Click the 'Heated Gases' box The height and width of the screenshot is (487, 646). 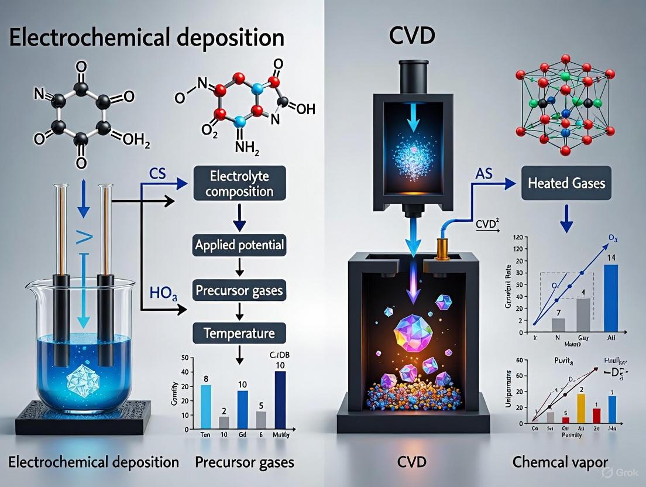[x=565, y=183]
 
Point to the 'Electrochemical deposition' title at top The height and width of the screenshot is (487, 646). [x=147, y=38]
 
